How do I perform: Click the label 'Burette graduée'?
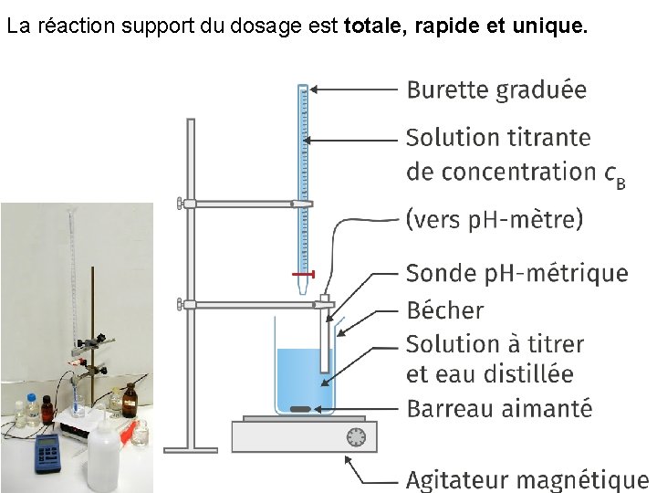pos(496,89)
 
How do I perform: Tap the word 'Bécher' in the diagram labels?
pos(444,310)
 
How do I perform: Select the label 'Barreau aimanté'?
pos(498,408)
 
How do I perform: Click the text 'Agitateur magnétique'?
pos(527,479)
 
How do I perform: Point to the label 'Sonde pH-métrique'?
pos(516,273)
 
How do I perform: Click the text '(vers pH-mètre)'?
pos(494,220)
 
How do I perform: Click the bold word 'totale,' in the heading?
pos(377,27)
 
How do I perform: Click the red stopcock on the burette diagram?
pos(304,274)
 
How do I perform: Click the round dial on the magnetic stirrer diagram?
pos(356,437)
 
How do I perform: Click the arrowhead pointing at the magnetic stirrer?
pos(349,460)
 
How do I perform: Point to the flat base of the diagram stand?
pos(191,448)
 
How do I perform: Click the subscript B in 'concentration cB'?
pos(620,183)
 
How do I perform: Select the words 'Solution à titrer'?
pos(494,344)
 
